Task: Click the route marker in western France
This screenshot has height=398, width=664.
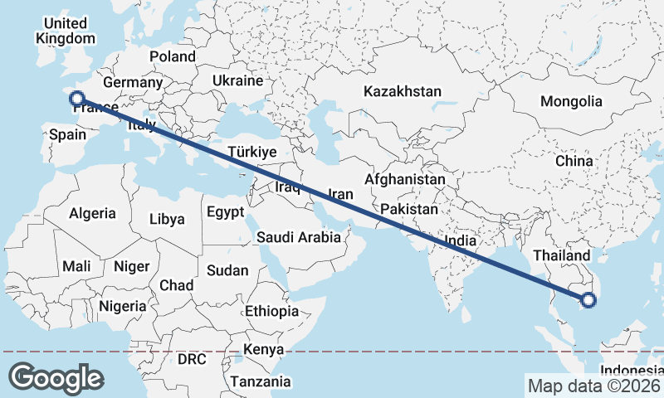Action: click(x=77, y=98)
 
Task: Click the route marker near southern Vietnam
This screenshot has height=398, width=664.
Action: click(x=588, y=300)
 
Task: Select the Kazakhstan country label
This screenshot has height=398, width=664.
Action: click(x=402, y=92)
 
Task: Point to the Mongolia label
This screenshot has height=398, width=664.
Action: click(x=571, y=102)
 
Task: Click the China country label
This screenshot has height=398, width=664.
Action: click(x=574, y=160)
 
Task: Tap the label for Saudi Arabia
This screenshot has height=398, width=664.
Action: click(x=298, y=237)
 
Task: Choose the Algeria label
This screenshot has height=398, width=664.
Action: click(x=92, y=213)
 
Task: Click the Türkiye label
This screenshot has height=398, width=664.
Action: click(x=251, y=153)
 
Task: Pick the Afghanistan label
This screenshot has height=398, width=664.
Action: click(x=404, y=179)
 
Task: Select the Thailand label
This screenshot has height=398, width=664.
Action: click(x=562, y=255)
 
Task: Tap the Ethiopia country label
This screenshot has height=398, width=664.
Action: click(x=271, y=311)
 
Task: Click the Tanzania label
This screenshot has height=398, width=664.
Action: click(x=261, y=381)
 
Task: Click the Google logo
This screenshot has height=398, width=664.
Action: click(x=56, y=378)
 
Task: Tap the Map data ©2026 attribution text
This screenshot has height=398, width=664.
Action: click(x=593, y=385)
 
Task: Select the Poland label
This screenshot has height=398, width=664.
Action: click(x=173, y=56)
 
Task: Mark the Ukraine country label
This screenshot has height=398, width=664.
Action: click(x=237, y=80)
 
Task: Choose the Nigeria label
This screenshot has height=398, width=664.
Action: click(x=122, y=306)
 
